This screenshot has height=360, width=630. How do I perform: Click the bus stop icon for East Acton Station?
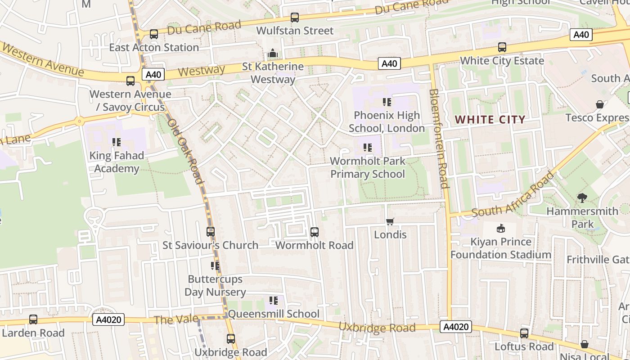(x=154, y=34)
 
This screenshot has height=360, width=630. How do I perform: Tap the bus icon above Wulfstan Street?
(x=295, y=18)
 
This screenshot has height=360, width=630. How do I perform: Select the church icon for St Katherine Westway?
(x=273, y=54)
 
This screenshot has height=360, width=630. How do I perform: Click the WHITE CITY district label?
(x=490, y=120)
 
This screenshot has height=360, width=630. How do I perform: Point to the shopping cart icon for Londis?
(x=390, y=221)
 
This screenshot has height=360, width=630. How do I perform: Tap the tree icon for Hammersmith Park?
(x=582, y=198)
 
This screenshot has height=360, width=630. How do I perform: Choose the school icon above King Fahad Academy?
(x=117, y=143)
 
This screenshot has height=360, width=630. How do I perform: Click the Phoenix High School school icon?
(x=387, y=102)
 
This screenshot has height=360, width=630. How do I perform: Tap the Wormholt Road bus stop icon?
(x=315, y=232)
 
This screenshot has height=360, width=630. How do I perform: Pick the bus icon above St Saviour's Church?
(x=211, y=232)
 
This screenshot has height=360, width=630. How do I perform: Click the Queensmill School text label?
(x=274, y=314)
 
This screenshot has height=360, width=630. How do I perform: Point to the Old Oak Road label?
(x=185, y=151)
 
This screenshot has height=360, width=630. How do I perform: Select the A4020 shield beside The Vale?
(x=108, y=320)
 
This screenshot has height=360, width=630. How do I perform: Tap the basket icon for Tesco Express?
(x=600, y=104)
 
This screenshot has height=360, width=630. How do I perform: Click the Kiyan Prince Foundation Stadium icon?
(x=500, y=229)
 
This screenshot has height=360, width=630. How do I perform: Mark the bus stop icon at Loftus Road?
(x=524, y=333)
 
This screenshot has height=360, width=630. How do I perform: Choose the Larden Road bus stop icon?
(x=33, y=319)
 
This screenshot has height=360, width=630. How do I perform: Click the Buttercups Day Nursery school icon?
(x=215, y=266)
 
